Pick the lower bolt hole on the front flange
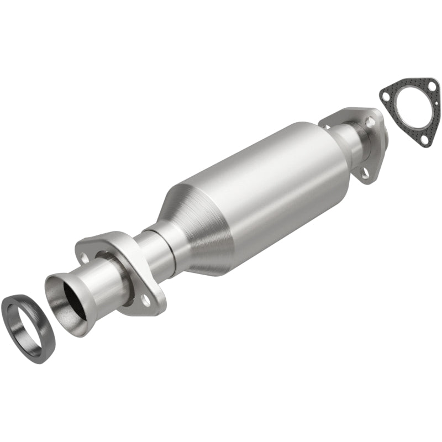146,300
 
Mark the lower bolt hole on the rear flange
365,173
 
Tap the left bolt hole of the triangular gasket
385,96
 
